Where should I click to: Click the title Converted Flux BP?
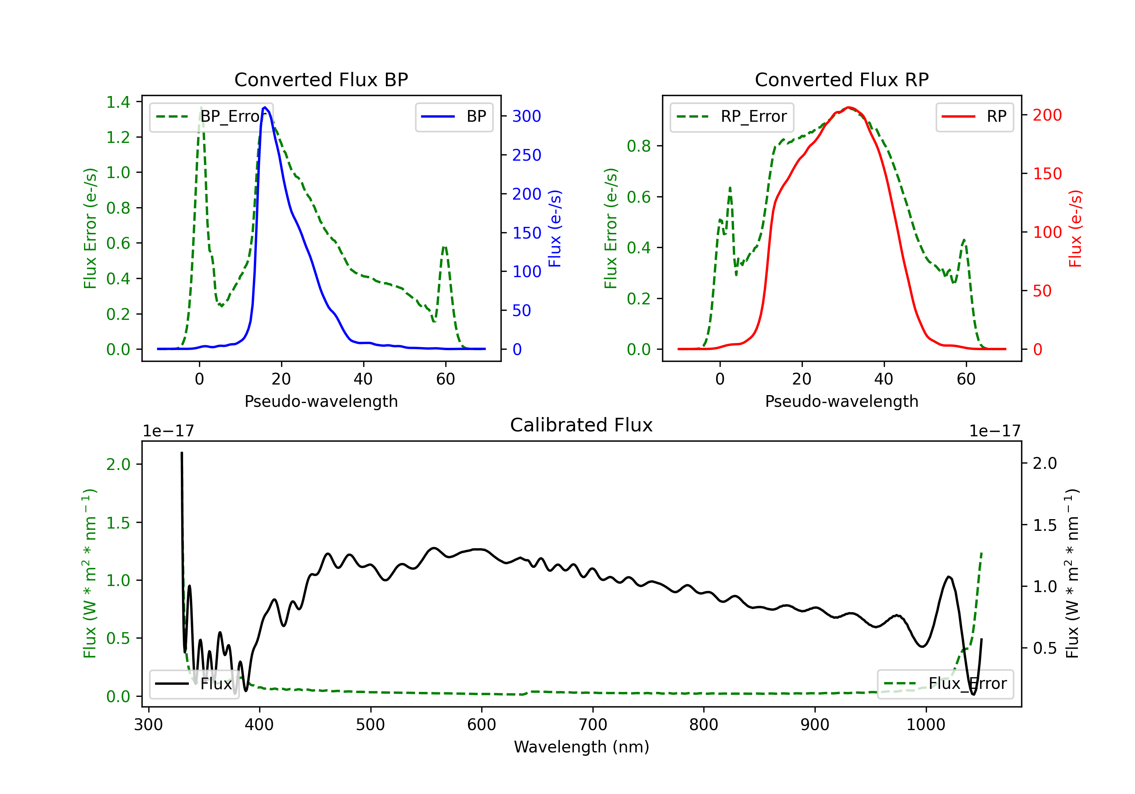coord(321,79)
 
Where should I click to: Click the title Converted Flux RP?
coord(841,79)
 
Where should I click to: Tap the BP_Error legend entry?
coord(211,117)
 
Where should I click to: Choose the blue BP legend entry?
coord(454,117)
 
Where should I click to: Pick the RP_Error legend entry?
coord(732,117)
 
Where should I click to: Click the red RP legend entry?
coord(974,117)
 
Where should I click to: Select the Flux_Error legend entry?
coord(945,684)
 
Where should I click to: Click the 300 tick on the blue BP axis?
coord(527,116)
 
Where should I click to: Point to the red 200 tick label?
coord(1047,115)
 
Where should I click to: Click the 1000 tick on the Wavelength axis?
coord(925,725)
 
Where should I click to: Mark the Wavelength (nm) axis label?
coord(581,747)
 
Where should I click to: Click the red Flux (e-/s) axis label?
coord(1075,228)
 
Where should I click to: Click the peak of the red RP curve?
coord(848,107)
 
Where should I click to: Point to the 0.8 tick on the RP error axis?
coord(639,146)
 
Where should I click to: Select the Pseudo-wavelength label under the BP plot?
coord(321,401)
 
